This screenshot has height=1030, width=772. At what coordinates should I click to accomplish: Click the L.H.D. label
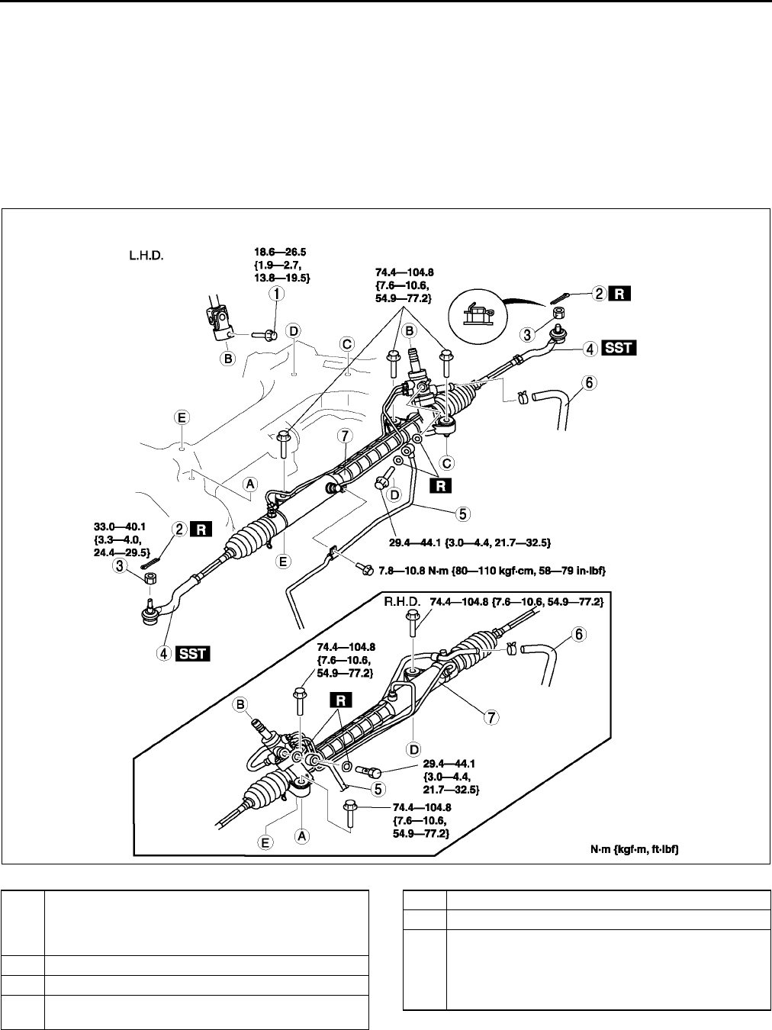pyautogui.click(x=148, y=256)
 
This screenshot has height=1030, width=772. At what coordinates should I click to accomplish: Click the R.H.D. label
pyautogui.click(x=402, y=603)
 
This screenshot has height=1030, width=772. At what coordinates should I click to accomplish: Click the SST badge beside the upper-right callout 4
pyautogui.click(x=618, y=349)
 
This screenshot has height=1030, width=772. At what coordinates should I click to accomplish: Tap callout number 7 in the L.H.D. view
pyautogui.click(x=346, y=436)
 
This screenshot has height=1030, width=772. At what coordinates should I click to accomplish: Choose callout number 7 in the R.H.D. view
pyautogui.click(x=492, y=717)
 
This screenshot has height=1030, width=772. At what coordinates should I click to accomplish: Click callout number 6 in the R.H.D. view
pyautogui.click(x=578, y=613)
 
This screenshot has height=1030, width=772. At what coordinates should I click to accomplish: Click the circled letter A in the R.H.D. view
pyautogui.click(x=302, y=835)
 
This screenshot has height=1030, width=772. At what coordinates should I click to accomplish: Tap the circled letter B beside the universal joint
pyautogui.click(x=227, y=356)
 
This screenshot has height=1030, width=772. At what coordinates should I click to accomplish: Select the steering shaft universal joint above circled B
pyautogui.click(x=214, y=317)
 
